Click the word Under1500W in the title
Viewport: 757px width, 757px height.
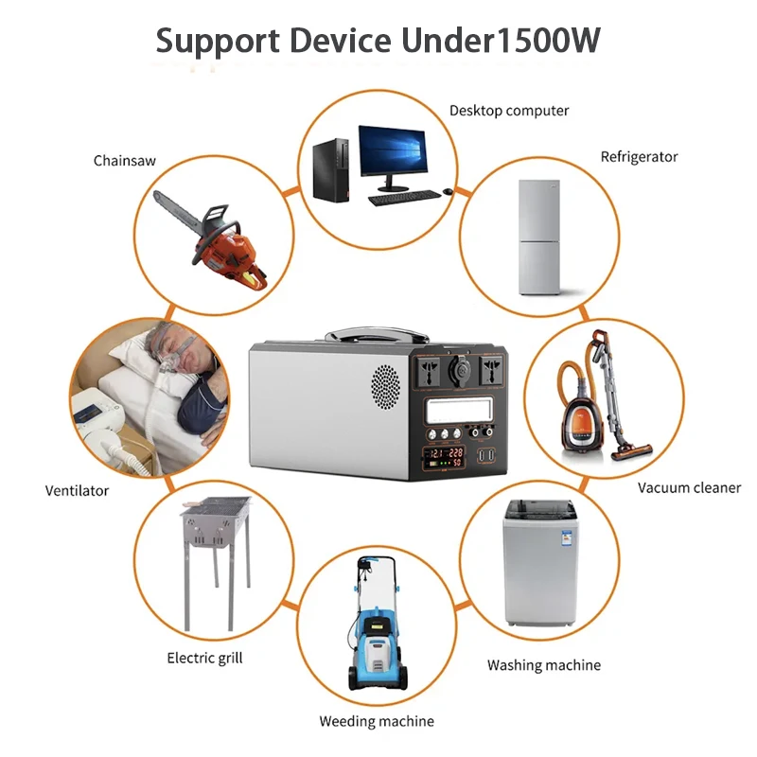tap(501, 41)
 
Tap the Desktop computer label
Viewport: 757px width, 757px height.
tap(509, 111)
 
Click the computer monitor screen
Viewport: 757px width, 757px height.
tap(393, 150)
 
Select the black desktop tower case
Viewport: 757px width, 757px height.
tap(330, 170)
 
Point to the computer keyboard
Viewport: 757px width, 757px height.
tap(405, 198)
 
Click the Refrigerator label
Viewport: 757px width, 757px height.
tap(639, 157)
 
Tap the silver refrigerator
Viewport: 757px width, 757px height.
tap(539, 238)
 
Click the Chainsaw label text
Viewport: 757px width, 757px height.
tap(125, 161)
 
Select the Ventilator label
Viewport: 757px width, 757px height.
tap(77, 491)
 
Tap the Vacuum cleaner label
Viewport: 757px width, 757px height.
tap(689, 488)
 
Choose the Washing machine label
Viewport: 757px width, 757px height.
tap(543, 665)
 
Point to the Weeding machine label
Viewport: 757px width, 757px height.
tap(377, 721)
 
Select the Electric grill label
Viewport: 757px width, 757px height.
tap(204, 658)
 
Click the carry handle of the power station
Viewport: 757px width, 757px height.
tap(377, 334)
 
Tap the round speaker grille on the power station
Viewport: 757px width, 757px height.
tap(385, 386)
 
